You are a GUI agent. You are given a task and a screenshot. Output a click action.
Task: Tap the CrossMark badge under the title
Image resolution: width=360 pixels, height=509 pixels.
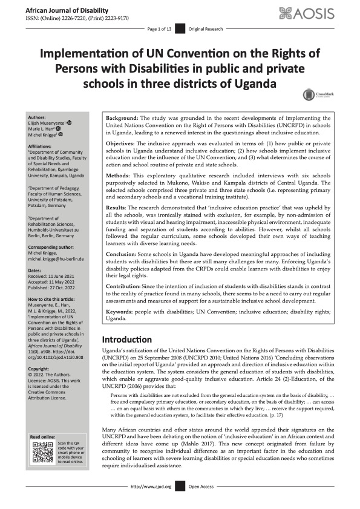(315, 94)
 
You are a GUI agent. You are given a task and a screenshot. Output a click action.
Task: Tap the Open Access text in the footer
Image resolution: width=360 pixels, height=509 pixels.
(201, 503)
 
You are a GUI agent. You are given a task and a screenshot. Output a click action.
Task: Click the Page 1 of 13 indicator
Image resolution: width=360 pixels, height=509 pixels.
(160, 29)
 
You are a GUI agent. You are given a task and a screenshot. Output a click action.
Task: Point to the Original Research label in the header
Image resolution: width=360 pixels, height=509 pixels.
(205, 29)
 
